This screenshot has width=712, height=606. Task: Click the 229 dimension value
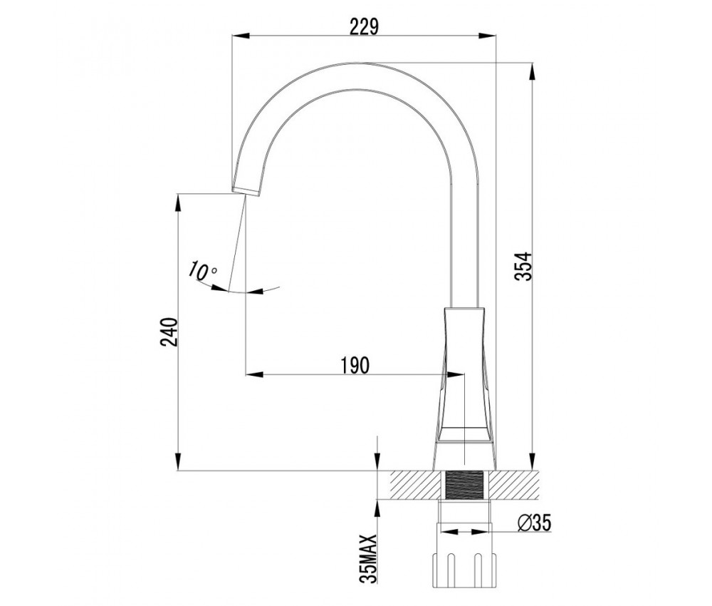(x=364, y=26)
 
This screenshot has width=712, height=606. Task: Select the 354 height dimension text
(x=523, y=267)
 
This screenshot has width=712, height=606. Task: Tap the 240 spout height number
(x=169, y=332)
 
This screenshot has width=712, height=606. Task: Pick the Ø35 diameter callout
(x=535, y=524)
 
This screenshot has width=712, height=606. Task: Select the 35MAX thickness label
(x=368, y=559)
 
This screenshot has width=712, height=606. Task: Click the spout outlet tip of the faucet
(x=246, y=191)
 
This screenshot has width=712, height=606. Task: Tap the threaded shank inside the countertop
(x=464, y=486)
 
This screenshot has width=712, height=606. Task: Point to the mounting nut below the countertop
(x=464, y=569)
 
